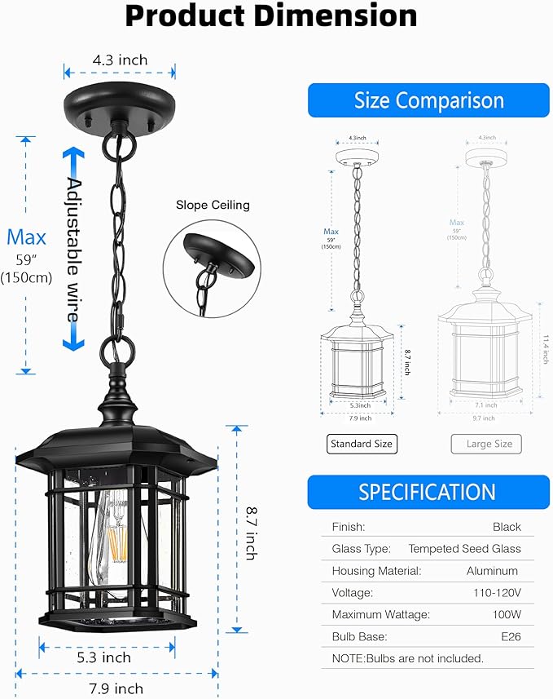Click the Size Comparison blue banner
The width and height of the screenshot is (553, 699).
click(429, 100)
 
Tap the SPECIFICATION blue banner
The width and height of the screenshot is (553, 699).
click(428, 492)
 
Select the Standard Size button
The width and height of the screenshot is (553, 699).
click(361, 445)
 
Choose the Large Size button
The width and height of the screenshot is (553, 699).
click(486, 445)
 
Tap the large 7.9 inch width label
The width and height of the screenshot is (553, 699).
click(116, 688)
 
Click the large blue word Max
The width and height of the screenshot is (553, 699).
click(26, 237)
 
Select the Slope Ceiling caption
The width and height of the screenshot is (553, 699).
click(213, 205)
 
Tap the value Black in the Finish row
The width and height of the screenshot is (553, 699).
click(507, 527)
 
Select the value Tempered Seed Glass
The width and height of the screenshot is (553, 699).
click(464, 549)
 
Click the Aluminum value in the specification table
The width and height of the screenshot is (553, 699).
click(492, 571)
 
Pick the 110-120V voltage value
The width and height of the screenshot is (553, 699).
click(496, 593)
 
